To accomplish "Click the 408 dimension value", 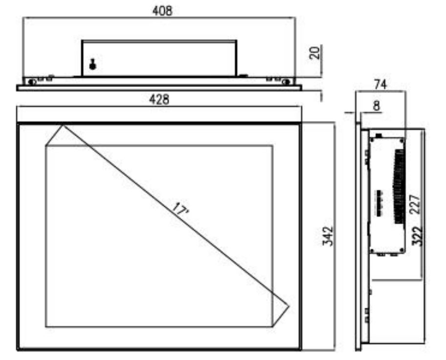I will coord(162,11).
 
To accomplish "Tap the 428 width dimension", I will coord(159,100).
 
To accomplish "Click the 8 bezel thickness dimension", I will coord(376,106).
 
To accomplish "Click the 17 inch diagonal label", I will coord(180,209).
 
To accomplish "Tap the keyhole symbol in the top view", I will coord(92,64).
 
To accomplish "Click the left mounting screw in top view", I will coord(32,82).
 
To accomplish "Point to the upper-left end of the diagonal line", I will coord(62,126).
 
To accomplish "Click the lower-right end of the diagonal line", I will coord(289,307).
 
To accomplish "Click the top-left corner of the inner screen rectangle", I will coord(46,145).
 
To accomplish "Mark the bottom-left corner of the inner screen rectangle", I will coord(46,326).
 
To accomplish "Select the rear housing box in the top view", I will coord(159,58).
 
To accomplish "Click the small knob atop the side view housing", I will coord(378,134).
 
